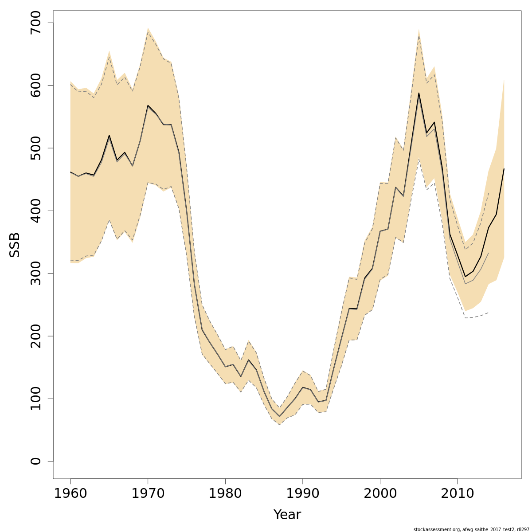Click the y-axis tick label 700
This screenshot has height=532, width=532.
[35, 23]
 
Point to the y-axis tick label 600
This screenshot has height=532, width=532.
[35, 85]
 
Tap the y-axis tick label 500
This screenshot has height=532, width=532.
[35, 148]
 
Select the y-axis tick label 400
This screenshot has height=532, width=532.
[35, 211]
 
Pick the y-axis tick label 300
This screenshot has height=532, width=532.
[35, 273]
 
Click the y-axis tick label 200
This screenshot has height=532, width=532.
[35, 336]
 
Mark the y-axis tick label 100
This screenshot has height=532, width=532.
[35, 399]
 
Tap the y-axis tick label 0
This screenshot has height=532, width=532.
[35, 461]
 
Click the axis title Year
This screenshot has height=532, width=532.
[287, 515]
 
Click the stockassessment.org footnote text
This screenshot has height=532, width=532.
[471, 529]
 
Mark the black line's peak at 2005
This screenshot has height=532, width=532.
[419, 93]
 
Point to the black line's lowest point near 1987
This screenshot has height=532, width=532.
[279, 416]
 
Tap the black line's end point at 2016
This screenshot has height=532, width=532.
[504, 169]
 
